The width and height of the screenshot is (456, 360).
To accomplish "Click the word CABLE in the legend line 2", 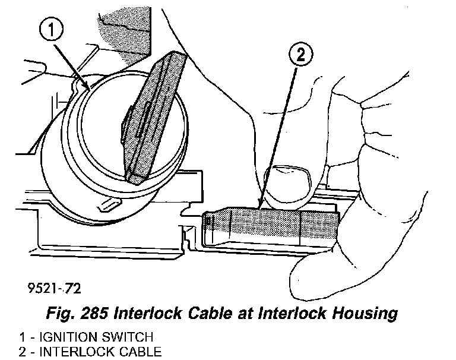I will click(x=137, y=352).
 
